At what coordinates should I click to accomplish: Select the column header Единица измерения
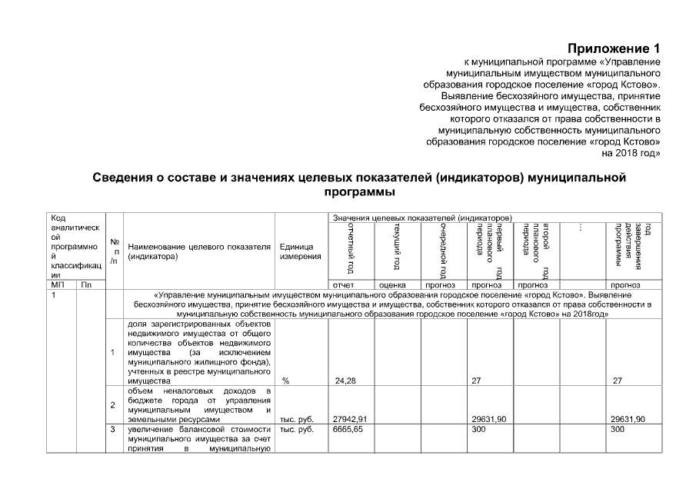300,251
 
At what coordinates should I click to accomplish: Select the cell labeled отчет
342,285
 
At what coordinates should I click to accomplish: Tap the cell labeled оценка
392,285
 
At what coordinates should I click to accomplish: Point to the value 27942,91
348,419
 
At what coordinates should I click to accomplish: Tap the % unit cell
285,381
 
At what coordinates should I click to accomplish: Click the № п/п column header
114,251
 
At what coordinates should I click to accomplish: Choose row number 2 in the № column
113,404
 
